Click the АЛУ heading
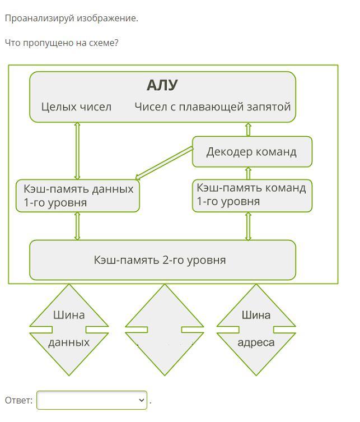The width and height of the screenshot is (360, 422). click(162, 85)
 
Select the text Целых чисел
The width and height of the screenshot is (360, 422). click(76, 106)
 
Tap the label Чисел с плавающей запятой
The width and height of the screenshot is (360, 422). click(212, 106)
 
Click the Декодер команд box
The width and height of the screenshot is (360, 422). click(251, 152)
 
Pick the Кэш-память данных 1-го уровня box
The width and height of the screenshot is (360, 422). click(77, 196)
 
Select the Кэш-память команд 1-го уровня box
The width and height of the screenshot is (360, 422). click(251, 195)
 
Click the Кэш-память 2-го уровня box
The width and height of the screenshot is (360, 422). click(162, 260)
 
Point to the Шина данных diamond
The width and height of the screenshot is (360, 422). click(69, 329)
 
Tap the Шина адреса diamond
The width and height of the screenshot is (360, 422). click(256, 329)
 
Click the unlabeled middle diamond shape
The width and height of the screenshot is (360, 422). click(164, 329)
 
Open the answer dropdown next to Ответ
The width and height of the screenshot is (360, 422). click(92, 400)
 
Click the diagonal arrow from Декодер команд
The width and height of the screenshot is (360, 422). click(164, 163)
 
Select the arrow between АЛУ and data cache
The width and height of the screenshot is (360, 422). click(77, 151)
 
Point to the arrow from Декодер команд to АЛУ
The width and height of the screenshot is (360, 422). click(248, 129)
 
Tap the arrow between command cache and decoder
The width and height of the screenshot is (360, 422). click(248, 173)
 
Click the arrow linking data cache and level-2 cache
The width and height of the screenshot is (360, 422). click(77, 226)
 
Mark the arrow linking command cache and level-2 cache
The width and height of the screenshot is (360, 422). click(248, 226)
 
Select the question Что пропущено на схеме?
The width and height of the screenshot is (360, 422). click(62, 43)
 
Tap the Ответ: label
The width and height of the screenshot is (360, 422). click(18, 400)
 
